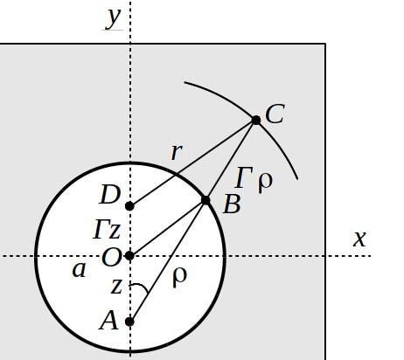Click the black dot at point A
click(x=129, y=322)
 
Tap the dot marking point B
click(x=205, y=200)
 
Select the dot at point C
click(x=256, y=120)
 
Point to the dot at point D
click(x=129, y=206)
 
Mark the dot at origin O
click(x=129, y=256)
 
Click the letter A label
click(x=108, y=321)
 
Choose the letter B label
click(x=232, y=204)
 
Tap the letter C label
click(x=275, y=114)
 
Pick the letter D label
click(x=110, y=195)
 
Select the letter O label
click(x=112, y=258)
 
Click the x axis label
click(x=359, y=239)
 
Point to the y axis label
click(x=113, y=18)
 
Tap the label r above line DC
click(x=177, y=152)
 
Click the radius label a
click(x=79, y=270)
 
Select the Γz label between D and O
click(x=107, y=230)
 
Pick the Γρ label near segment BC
click(x=254, y=179)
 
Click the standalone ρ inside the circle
click(x=179, y=277)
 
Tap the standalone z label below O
click(x=116, y=287)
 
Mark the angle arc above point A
click(x=142, y=286)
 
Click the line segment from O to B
click(x=168, y=228)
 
